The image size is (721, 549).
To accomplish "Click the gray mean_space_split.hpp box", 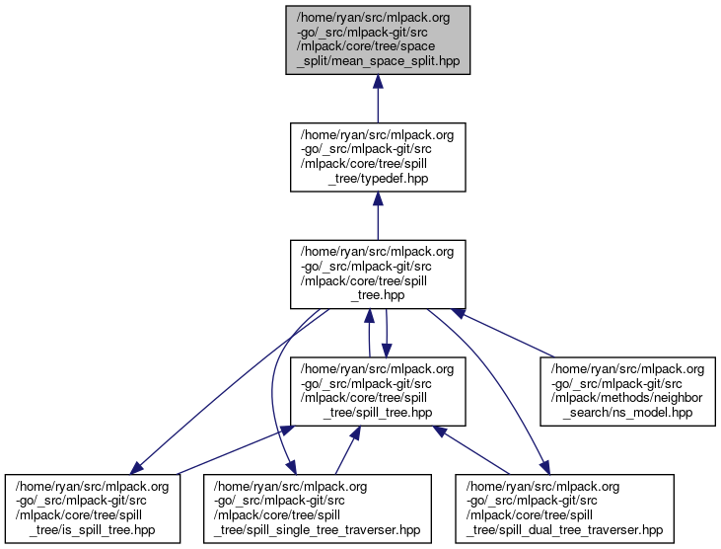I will point(377,39).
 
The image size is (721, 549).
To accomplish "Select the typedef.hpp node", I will point(377,156).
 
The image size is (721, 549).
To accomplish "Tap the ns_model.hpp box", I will point(625,391).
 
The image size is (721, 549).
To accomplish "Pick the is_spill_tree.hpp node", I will point(92,508).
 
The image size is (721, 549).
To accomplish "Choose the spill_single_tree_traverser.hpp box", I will point(319,508).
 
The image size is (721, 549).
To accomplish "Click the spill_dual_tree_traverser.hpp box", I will point(563,508).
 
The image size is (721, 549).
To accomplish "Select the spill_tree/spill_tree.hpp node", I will point(377,391).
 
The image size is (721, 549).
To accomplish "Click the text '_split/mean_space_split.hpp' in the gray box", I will point(377,61).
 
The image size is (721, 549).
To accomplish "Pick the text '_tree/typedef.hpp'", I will point(378,178).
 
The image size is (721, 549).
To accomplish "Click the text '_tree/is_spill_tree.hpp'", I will point(92,531).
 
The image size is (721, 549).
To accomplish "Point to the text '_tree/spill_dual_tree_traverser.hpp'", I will point(563,531).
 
